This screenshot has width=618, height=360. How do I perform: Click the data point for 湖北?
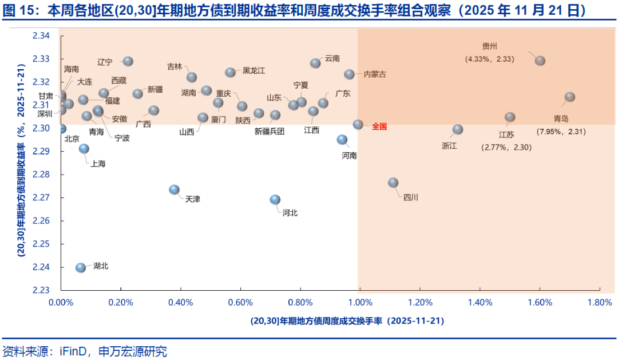point(81,267)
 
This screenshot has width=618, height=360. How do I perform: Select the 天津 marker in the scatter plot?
point(175,189)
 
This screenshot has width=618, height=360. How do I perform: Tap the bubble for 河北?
point(275,199)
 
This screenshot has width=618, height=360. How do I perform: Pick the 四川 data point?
point(393,183)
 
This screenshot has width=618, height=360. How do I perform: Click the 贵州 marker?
point(540,61)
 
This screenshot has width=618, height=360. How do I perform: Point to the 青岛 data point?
point(570,97)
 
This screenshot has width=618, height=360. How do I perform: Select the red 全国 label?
point(380,126)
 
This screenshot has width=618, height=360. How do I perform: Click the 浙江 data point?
point(458,129)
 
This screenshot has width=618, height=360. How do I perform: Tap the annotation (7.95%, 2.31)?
point(561,132)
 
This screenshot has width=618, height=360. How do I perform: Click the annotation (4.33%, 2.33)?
point(490,58)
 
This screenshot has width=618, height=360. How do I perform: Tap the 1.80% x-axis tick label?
point(600,302)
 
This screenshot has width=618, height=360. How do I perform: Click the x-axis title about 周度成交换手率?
point(347,321)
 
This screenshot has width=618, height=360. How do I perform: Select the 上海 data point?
point(84,149)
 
